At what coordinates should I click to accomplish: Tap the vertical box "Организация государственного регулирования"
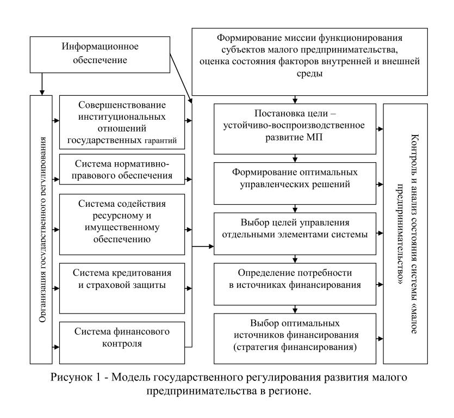click(44, 228)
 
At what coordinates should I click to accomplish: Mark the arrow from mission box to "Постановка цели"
click(294, 100)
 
